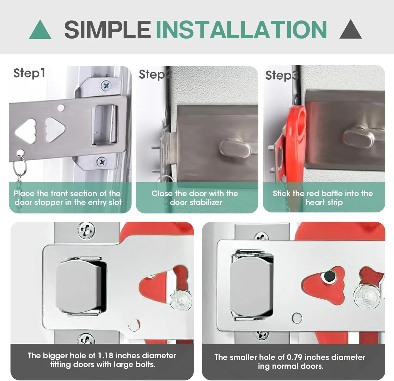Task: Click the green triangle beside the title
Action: tap(40, 29)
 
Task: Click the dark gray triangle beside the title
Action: tap(350, 29)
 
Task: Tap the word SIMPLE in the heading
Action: tap(107, 29)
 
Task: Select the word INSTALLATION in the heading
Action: tap(241, 29)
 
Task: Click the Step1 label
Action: tap(29, 73)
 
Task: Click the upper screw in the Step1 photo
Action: tap(106, 85)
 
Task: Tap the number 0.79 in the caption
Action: tap(294, 357)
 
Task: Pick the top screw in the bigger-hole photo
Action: tap(86, 231)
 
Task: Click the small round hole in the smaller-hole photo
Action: tap(297, 318)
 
